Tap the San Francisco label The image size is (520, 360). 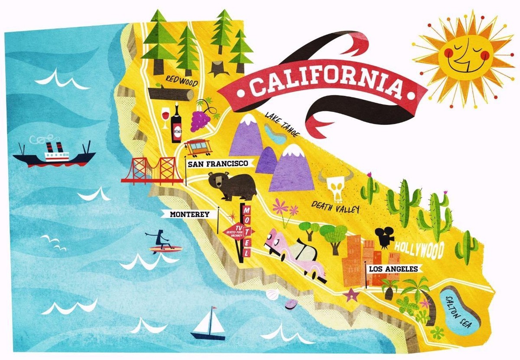[x=218, y=164]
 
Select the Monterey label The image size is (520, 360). [x=189, y=214]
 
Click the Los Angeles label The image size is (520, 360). [x=393, y=269]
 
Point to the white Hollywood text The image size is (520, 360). [x=419, y=250]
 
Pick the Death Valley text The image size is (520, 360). [x=336, y=207]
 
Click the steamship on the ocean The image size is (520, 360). [x=54, y=154]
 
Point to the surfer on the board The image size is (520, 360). [x=163, y=242]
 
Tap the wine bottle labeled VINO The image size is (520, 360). [x=176, y=124]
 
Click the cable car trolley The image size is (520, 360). [x=198, y=148]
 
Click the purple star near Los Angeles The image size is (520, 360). [x=351, y=295]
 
